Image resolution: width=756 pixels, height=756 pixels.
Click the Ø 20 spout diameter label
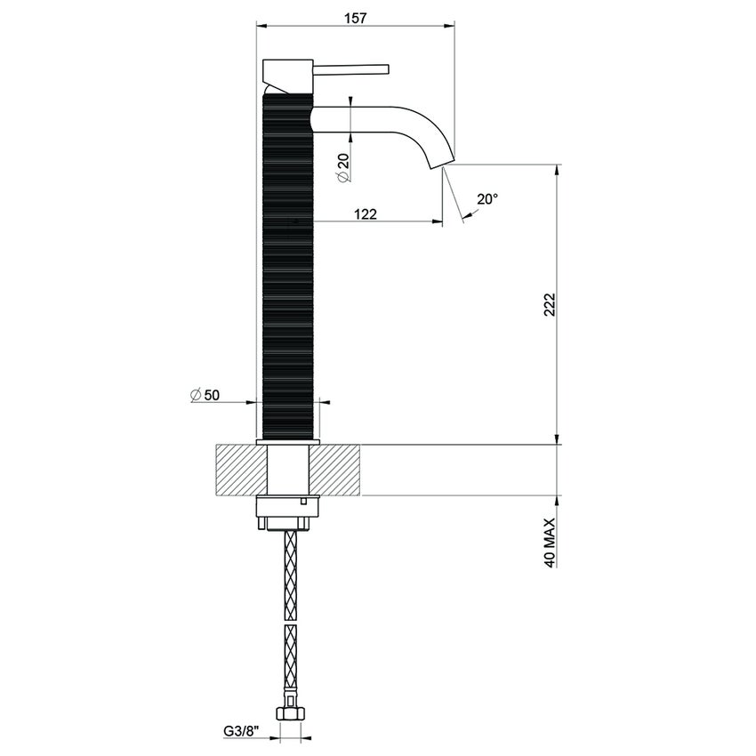[x=342, y=165]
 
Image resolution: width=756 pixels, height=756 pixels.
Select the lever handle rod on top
[x=352, y=68]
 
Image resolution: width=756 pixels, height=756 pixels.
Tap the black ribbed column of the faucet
[x=289, y=267]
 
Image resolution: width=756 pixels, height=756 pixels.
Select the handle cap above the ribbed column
[x=286, y=71]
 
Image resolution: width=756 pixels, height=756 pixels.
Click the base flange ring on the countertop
[x=288, y=441]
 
